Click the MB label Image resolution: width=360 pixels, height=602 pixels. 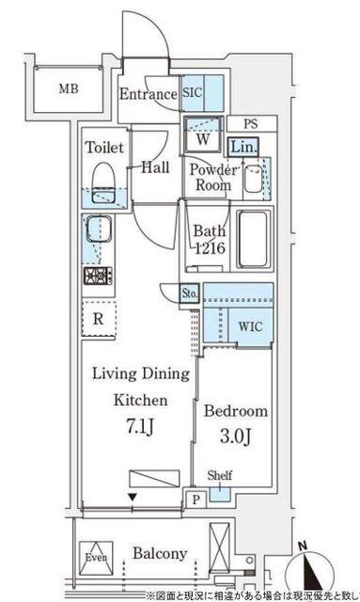click(x=67, y=90)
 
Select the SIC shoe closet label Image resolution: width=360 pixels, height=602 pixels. click(x=193, y=94)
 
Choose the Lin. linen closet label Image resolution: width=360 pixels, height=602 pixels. click(x=243, y=147)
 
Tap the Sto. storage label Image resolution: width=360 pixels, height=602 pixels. click(x=188, y=293)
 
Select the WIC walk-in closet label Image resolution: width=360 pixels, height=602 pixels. click(x=249, y=327)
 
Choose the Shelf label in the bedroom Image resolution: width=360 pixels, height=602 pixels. click(x=219, y=476)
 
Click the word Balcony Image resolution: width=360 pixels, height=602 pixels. click(x=159, y=553)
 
